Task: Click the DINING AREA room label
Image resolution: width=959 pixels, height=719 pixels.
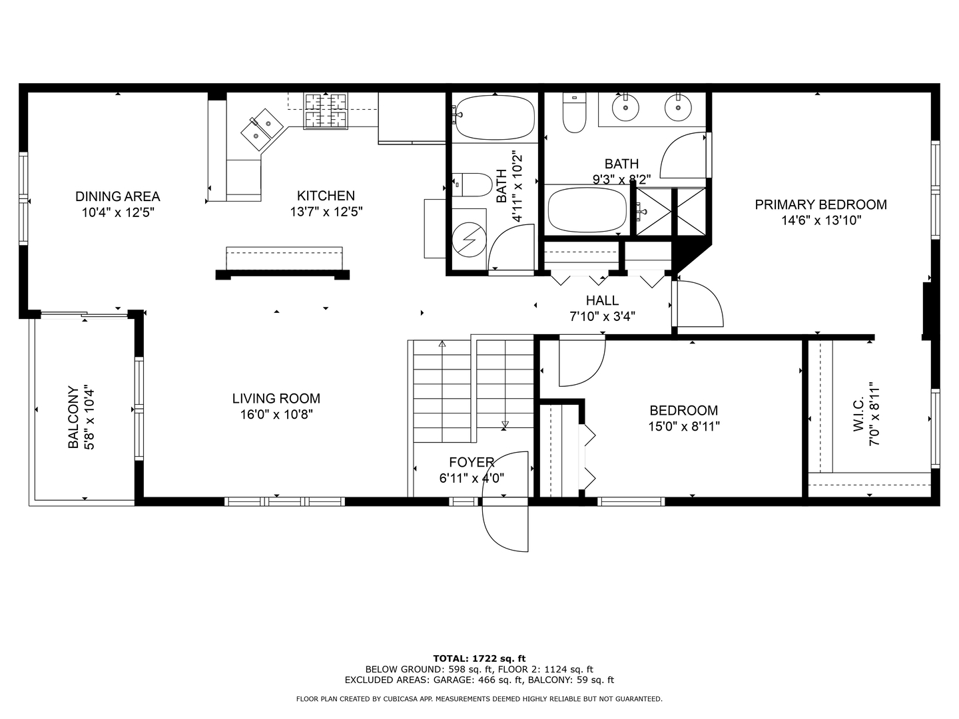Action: point(117,196)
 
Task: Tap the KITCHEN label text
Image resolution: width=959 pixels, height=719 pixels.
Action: point(326,196)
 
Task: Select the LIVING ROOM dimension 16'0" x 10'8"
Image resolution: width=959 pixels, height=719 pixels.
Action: point(276,415)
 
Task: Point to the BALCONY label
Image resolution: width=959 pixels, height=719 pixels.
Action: point(73,417)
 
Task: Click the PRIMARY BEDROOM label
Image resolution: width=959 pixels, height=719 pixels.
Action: point(820,204)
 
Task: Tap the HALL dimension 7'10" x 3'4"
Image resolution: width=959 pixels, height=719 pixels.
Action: point(602,317)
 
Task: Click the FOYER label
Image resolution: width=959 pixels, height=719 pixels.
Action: point(472,462)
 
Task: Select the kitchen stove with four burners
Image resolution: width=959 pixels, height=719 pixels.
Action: point(326,110)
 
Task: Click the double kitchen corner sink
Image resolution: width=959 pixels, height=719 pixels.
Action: point(263,128)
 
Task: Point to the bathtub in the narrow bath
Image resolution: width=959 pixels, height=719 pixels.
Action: point(493,117)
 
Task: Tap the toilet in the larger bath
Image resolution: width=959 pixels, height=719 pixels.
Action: point(573,113)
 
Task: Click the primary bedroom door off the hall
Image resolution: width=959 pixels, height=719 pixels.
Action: point(697,304)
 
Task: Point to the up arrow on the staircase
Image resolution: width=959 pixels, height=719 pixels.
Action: point(442,344)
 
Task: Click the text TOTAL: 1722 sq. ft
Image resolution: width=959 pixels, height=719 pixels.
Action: point(479,658)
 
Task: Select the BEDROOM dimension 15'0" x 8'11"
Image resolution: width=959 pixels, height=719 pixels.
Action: point(684,427)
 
